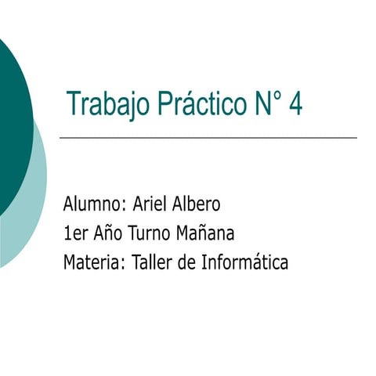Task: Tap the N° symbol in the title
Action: pyautogui.click(x=267, y=103)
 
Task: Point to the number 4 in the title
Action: pyautogui.click(x=295, y=103)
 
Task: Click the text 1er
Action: pyautogui.click(x=76, y=233)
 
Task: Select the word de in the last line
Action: pyautogui.click(x=186, y=262)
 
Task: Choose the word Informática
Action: pyautogui.click(x=244, y=262)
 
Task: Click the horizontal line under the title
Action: pyautogui.click(x=208, y=138)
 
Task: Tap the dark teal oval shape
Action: pyautogui.click(x=12, y=117)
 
